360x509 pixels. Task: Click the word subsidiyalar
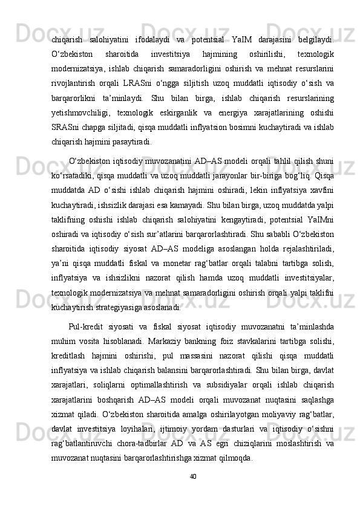point(217,378)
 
